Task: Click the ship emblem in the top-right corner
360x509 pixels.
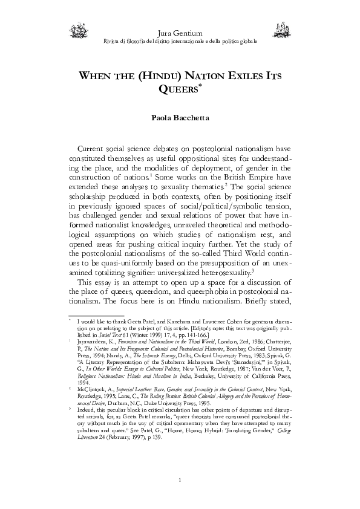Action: (x=282, y=28)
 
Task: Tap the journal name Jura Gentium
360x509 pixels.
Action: (x=180, y=31)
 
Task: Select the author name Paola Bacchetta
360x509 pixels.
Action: (x=180, y=117)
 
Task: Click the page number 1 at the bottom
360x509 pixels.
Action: (x=180, y=481)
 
